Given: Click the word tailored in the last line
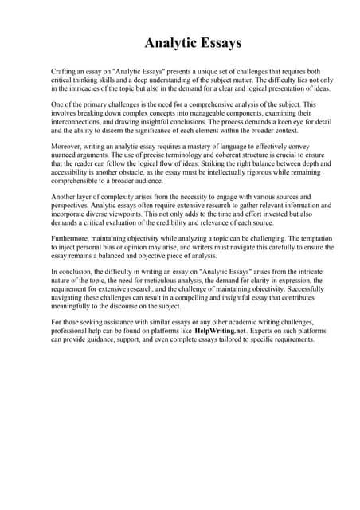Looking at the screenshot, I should tap(225, 339).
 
